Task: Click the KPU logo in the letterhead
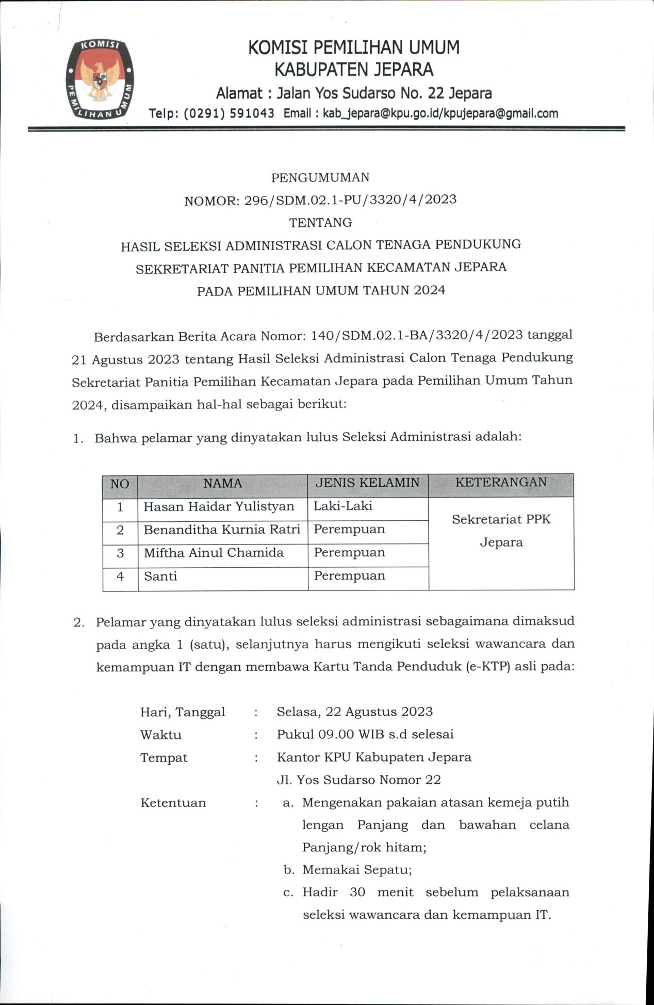click(100, 79)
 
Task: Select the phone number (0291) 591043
click(229, 113)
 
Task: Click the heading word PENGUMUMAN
click(320, 178)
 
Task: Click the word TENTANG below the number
click(320, 223)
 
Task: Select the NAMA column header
click(222, 484)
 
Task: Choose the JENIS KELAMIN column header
click(367, 483)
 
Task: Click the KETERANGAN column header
click(501, 483)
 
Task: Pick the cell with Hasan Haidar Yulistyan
click(219, 507)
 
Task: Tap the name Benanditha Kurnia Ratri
click(222, 530)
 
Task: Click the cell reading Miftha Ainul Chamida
click(214, 553)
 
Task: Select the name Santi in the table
click(160, 576)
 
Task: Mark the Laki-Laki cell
click(343, 506)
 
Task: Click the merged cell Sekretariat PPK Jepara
click(501, 531)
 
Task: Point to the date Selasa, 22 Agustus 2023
click(354, 712)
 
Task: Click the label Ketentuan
click(173, 803)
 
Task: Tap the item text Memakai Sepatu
click(356, 870)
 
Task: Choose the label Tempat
click(163, 758)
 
